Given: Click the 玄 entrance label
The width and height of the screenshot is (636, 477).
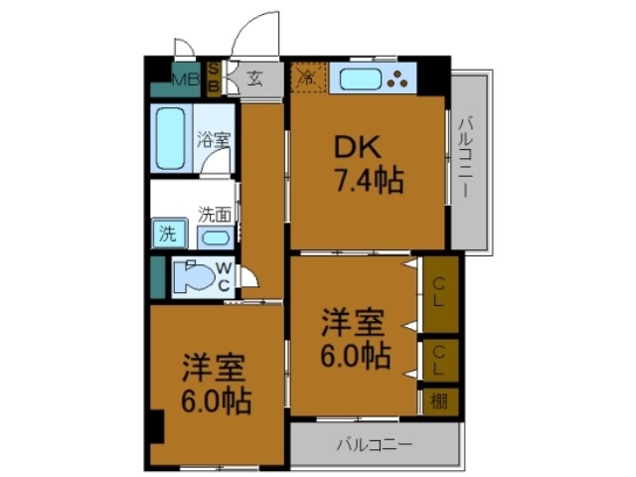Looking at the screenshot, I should click(x=254, y=79).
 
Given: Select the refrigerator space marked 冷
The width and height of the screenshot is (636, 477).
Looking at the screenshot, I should click(x=307, y=77).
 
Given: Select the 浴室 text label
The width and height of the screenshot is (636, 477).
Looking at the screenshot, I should click(x=213, y=140).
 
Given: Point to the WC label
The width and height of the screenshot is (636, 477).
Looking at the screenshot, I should click(x=224, y=277).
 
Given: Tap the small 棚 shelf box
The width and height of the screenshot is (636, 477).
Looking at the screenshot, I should click(x=439, y=400).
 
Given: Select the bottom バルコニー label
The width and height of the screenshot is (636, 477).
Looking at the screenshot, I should click(x=373, y=443).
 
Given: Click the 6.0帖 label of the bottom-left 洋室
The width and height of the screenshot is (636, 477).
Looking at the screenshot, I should click(x=217, y=402).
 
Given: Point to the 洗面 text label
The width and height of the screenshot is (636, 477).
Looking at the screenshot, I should click(x=215, y=213).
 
